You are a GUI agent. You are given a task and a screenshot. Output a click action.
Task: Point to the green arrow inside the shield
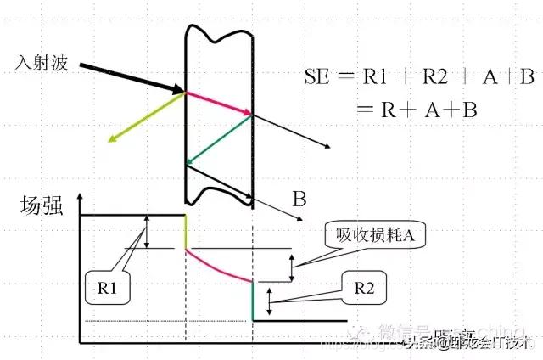[220, 140]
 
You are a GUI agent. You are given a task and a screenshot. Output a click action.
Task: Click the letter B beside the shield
[299, 200]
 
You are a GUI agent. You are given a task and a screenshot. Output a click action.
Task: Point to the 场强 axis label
[41, 205]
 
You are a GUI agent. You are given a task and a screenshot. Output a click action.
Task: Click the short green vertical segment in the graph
[254, 300]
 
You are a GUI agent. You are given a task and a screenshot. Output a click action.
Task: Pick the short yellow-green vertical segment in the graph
[186, 231]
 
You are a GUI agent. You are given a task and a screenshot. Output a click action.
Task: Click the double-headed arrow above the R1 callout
[147, 231]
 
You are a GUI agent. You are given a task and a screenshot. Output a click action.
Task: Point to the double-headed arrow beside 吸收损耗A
[293, 267]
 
